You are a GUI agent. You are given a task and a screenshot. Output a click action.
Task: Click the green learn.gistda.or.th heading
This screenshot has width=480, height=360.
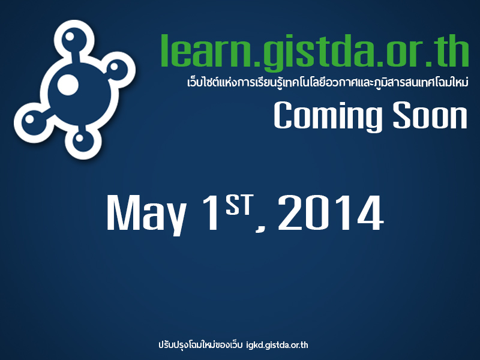(314, 52)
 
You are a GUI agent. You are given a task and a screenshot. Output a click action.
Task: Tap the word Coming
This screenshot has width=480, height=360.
(328, 116)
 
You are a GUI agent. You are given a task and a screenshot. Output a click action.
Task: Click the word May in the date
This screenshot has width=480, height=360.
(146, 215)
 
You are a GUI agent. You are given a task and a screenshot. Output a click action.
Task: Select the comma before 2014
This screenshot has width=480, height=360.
(260, 228)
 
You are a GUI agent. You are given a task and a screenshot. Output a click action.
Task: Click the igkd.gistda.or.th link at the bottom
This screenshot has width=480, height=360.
(277, 345)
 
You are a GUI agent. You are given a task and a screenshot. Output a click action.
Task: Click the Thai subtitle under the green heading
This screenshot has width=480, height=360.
(328, 82)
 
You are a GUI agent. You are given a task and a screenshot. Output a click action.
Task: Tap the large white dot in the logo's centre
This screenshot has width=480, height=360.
(68, 85)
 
